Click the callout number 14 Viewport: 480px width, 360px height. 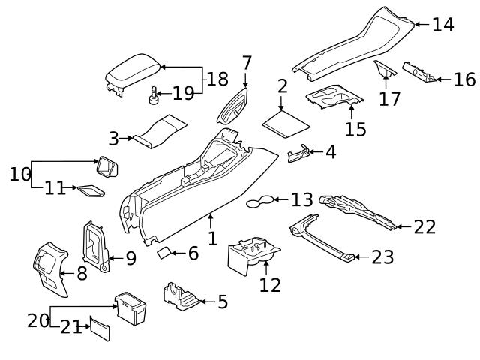click(442, 25)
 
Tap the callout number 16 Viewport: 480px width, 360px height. click(464, 79)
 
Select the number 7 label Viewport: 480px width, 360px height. click(247, 63)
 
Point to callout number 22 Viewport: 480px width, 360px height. click(424, 226)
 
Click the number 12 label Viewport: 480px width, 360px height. click(269, 285)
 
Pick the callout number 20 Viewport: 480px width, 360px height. click(37, 320)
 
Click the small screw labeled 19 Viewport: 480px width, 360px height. click(154, 94)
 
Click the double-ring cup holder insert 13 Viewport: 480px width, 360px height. click(259, 201)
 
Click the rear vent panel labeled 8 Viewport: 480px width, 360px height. click(49, 267)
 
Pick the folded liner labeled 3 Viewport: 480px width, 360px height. click(156, 129)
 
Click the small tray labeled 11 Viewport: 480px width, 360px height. click(91, 190)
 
